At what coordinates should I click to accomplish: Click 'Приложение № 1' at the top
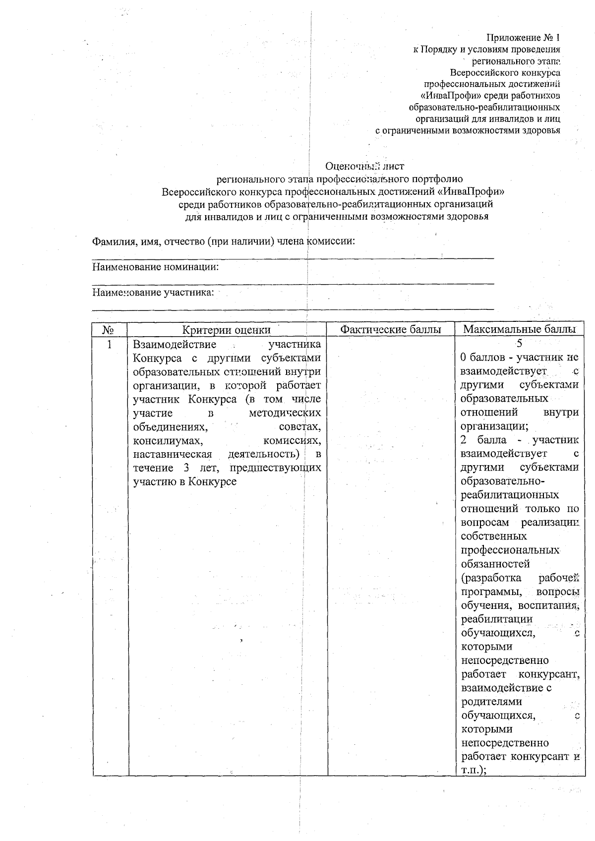click(x=523, y=37)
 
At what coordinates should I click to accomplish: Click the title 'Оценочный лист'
click(x=365, y=166)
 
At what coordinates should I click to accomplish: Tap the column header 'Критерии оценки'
click(x=226, y=330)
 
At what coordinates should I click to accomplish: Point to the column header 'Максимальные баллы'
click(x=519, y=330)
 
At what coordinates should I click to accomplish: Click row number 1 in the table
click(x=110, y=344)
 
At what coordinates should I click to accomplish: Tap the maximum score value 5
click(x=519, y=343)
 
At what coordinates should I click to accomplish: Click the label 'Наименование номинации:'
click(x=156, y=267)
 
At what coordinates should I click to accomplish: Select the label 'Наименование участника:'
click(x=153, y=292)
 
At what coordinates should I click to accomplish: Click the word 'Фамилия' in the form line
click(x=112, y=242)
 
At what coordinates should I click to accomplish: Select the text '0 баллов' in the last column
click(x=479, y=357)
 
